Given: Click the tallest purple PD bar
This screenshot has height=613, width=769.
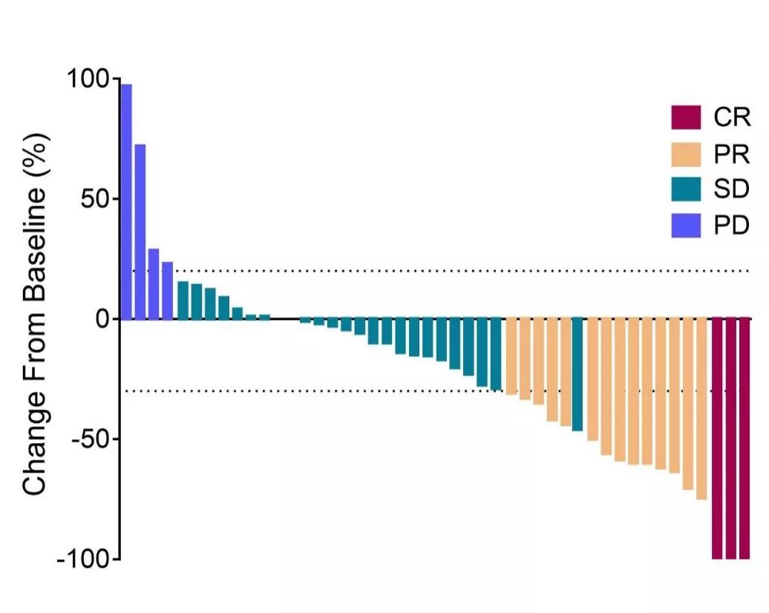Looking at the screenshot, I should (126, 201).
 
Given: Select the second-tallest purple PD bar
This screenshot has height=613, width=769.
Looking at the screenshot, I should (140, 232).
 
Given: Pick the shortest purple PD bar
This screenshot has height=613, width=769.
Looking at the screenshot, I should (168, 291).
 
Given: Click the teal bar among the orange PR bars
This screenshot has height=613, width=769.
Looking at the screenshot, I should (577, 374).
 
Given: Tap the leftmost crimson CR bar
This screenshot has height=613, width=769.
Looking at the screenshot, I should (717, 438).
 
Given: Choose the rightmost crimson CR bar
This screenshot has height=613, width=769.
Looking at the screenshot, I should (745, 438).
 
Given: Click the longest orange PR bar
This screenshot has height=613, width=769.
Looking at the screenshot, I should (701, 409).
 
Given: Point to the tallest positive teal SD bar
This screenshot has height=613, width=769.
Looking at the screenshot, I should (183, 301).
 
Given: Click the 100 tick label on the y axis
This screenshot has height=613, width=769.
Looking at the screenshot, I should (88, 79).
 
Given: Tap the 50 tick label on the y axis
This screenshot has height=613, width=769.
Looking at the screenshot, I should (94, 199).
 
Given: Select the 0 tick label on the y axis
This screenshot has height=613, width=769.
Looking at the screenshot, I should (101, 319).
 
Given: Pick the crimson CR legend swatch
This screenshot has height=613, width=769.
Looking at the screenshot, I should (685, 117).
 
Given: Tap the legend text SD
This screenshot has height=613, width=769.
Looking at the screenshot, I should (731, 190).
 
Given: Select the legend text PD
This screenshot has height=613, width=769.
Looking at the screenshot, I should (731, 226).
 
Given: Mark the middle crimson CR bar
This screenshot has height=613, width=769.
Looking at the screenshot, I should (731, 438).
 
